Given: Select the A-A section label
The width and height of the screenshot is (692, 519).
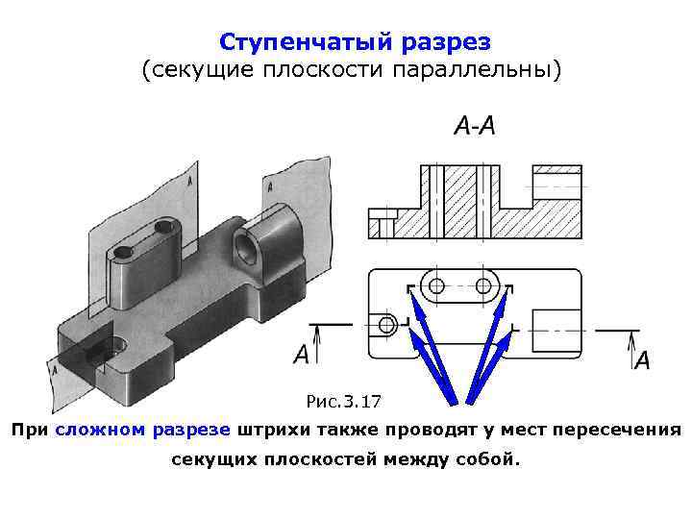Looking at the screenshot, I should coord(474,126).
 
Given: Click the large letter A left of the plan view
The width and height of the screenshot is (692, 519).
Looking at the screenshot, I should coord(302,355).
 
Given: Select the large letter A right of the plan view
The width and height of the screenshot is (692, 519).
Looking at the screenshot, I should coord(642,360).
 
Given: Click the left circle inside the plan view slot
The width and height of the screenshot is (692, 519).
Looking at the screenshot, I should coord(436,285).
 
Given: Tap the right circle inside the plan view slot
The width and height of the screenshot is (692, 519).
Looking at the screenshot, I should coord(482,285).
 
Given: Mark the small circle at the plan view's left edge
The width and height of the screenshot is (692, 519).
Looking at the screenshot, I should coord(387,324).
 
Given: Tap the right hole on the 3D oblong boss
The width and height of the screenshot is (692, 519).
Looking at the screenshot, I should coord(166,228).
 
